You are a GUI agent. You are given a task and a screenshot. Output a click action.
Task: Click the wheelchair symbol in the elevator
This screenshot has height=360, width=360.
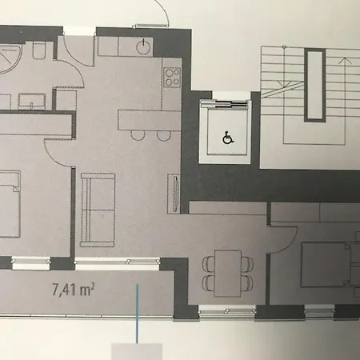click(x=227, y=138)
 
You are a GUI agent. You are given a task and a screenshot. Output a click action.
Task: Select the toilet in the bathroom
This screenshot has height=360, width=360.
click(x=38, y=54)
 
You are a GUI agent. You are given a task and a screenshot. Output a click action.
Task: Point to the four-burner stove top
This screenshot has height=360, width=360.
click(x=172, y=78)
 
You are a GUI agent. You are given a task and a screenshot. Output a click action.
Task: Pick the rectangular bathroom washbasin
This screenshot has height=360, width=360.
click(x=31, y=102)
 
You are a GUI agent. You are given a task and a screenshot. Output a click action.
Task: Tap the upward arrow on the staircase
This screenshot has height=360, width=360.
click(x=345, y=60)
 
